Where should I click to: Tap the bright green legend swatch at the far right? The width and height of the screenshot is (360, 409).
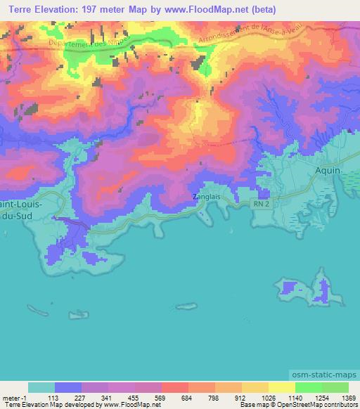point(335,387)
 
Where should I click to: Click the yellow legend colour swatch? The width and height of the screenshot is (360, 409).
point(282,387)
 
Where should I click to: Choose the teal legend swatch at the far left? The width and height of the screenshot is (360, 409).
point(41,387)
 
